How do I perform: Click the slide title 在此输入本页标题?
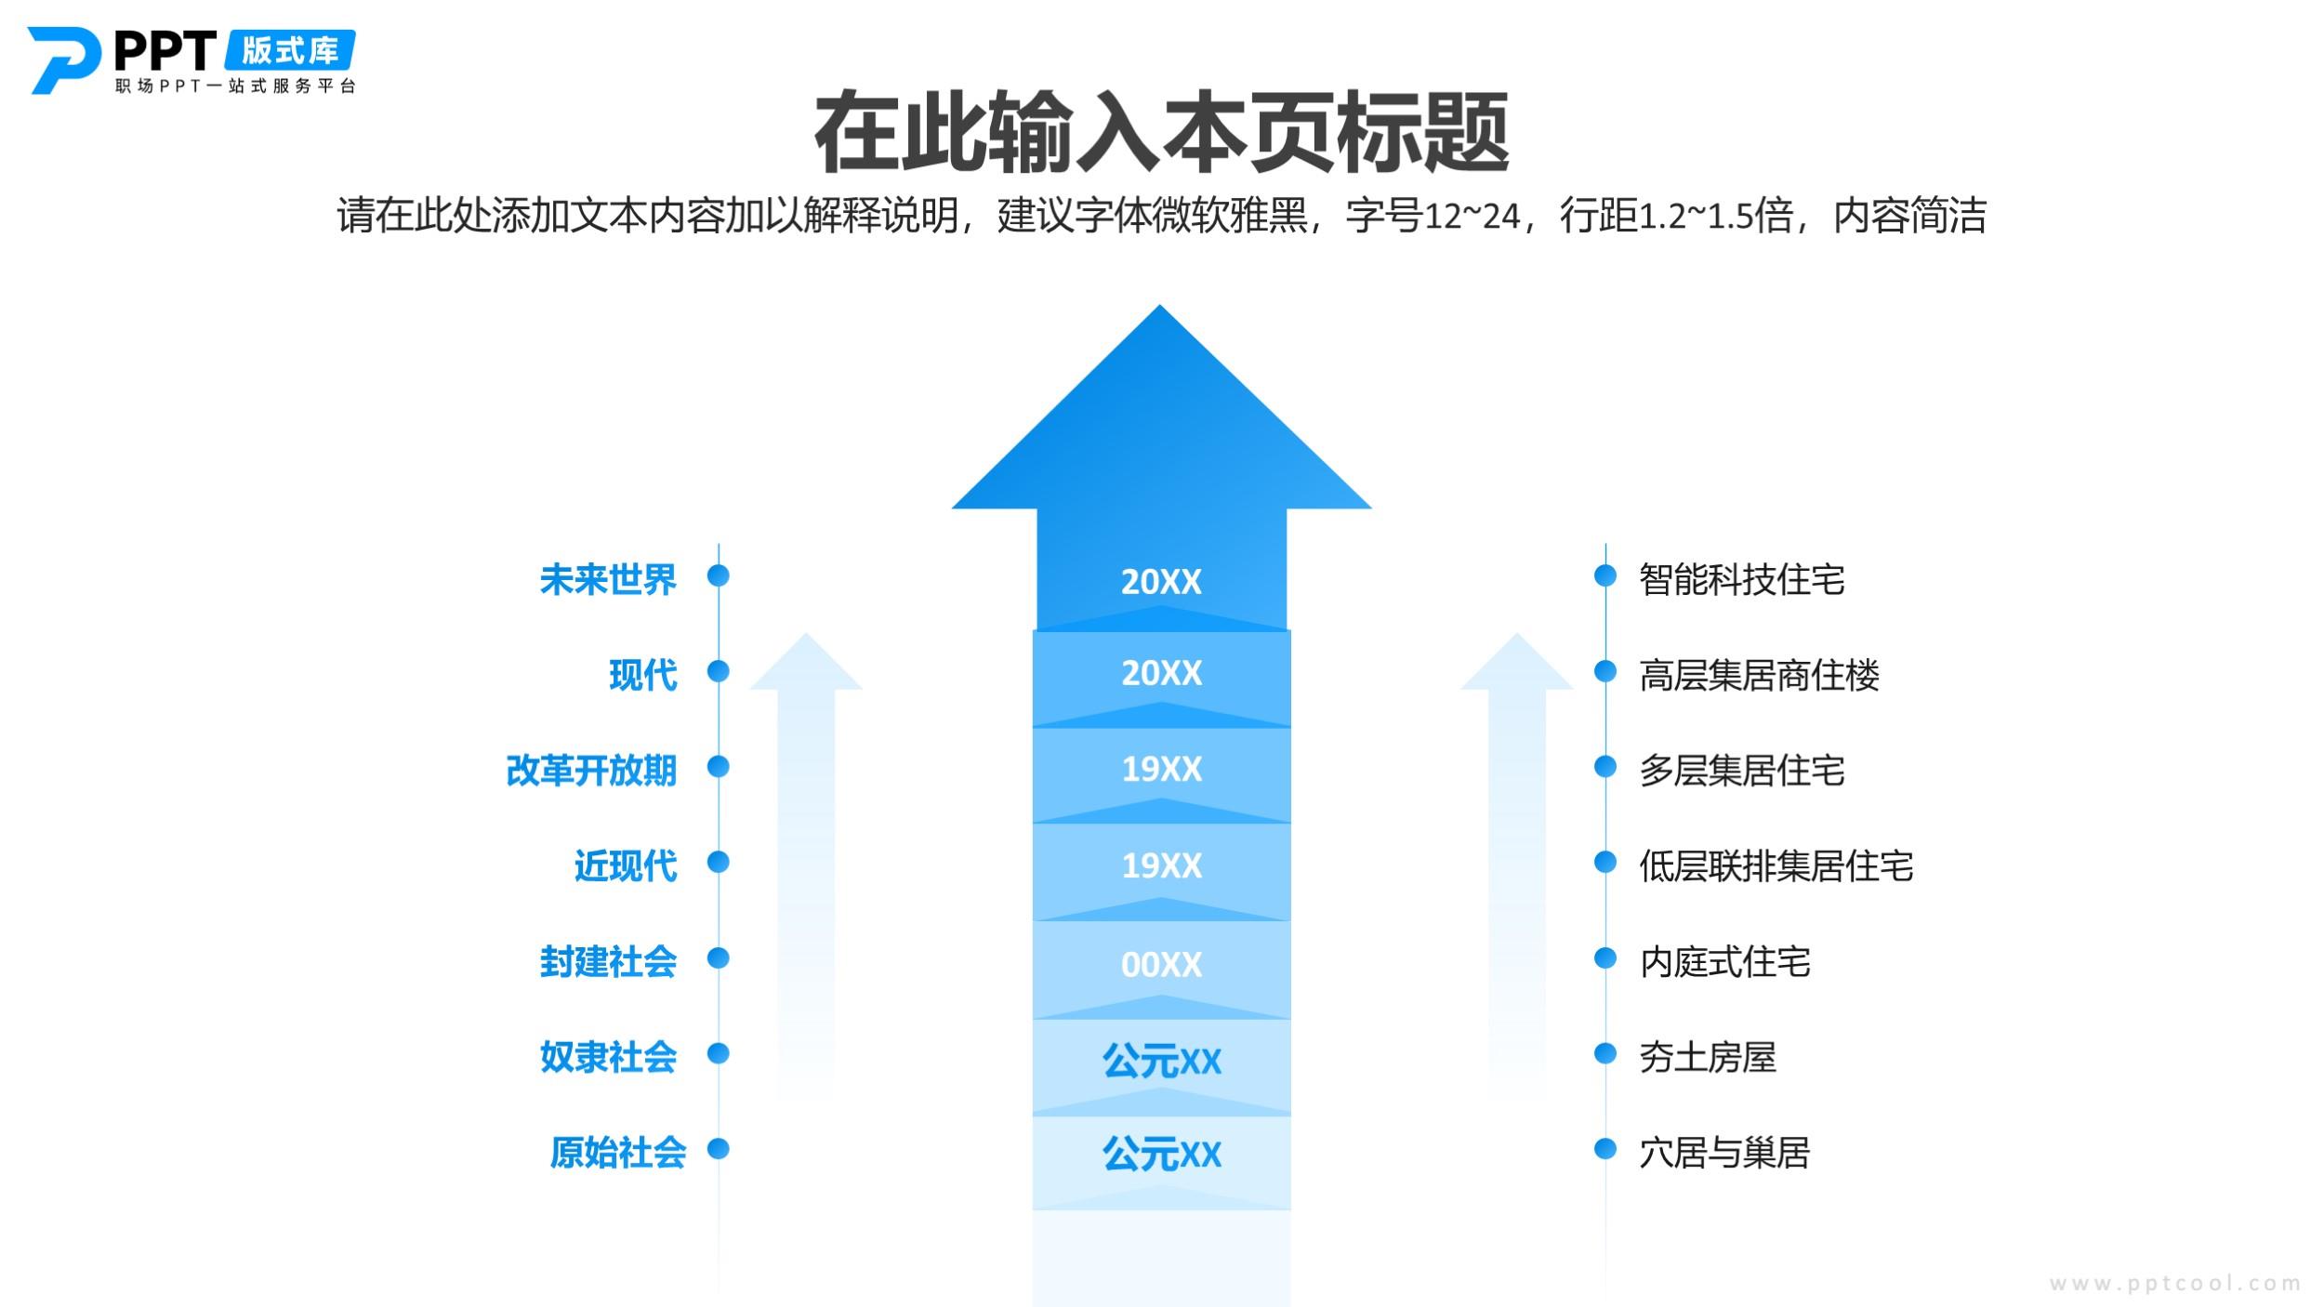(x=1161, y=132)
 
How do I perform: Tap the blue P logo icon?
(x=63, y=60)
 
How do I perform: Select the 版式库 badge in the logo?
(x=290, y=50)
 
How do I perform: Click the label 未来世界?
(x=608, y=579)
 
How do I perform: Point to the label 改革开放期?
(x=591, y=770)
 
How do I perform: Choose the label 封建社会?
(x=608, y=961)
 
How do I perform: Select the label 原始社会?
(x=618, y=1152)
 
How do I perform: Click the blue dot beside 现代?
(x=718, y=670)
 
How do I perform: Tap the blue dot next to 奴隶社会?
(x=718, y=1052)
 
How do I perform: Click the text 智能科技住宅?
(x=1742, y=579)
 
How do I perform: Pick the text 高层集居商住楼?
(x=1759, y=675)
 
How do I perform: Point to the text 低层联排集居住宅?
(x=1776, y=865)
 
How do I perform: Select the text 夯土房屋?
(x=1708, y=1057)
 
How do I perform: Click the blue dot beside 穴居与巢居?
(x=1605, y=1148)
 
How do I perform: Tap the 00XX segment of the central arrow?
(x=1161, y=968)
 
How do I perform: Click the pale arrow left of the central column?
(x=806, y=865)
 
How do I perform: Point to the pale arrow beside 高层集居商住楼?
(x=1517, y=865)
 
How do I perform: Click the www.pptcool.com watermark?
(x=2175, y=1284)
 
